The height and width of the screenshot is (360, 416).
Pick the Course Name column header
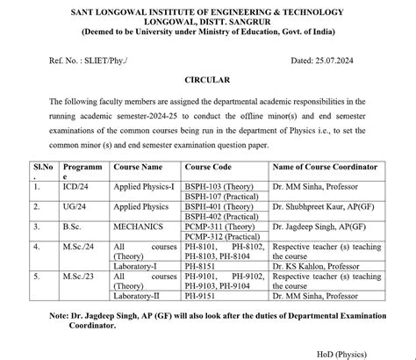click(x=139, y=166)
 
